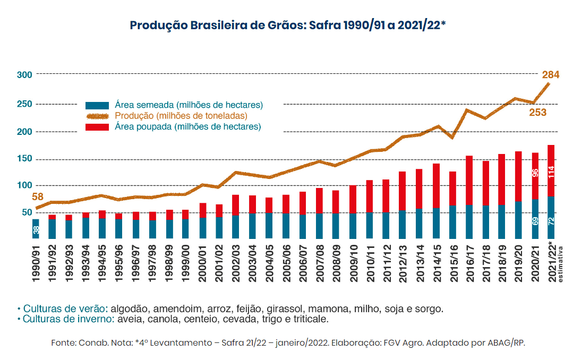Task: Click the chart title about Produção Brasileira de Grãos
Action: (x=287, y=25)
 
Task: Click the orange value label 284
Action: (x=550, y=74)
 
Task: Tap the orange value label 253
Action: (x=537, y=113)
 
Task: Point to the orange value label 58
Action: (x=37, y=197)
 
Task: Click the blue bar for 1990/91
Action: (x=36, y=229)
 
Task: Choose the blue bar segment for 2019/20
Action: (x=518, y=220)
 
